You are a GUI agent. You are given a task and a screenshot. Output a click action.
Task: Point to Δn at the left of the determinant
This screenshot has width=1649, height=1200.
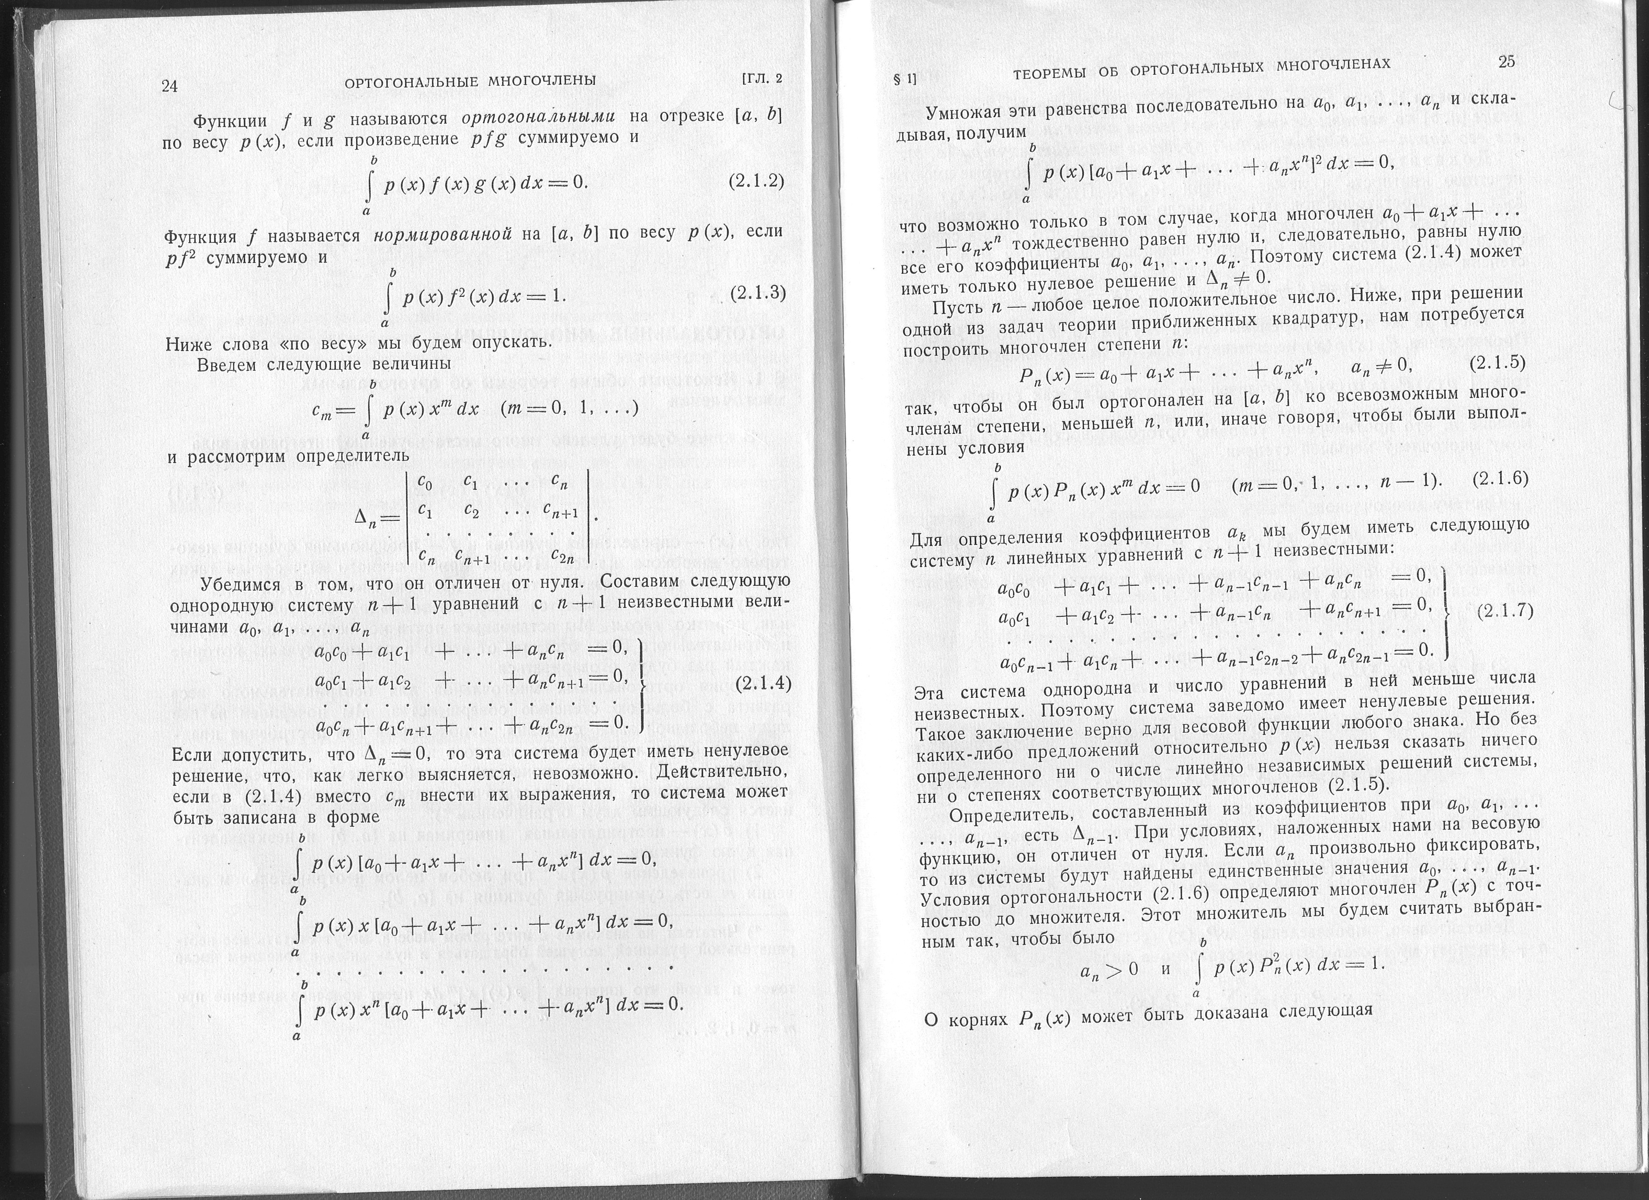371,518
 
